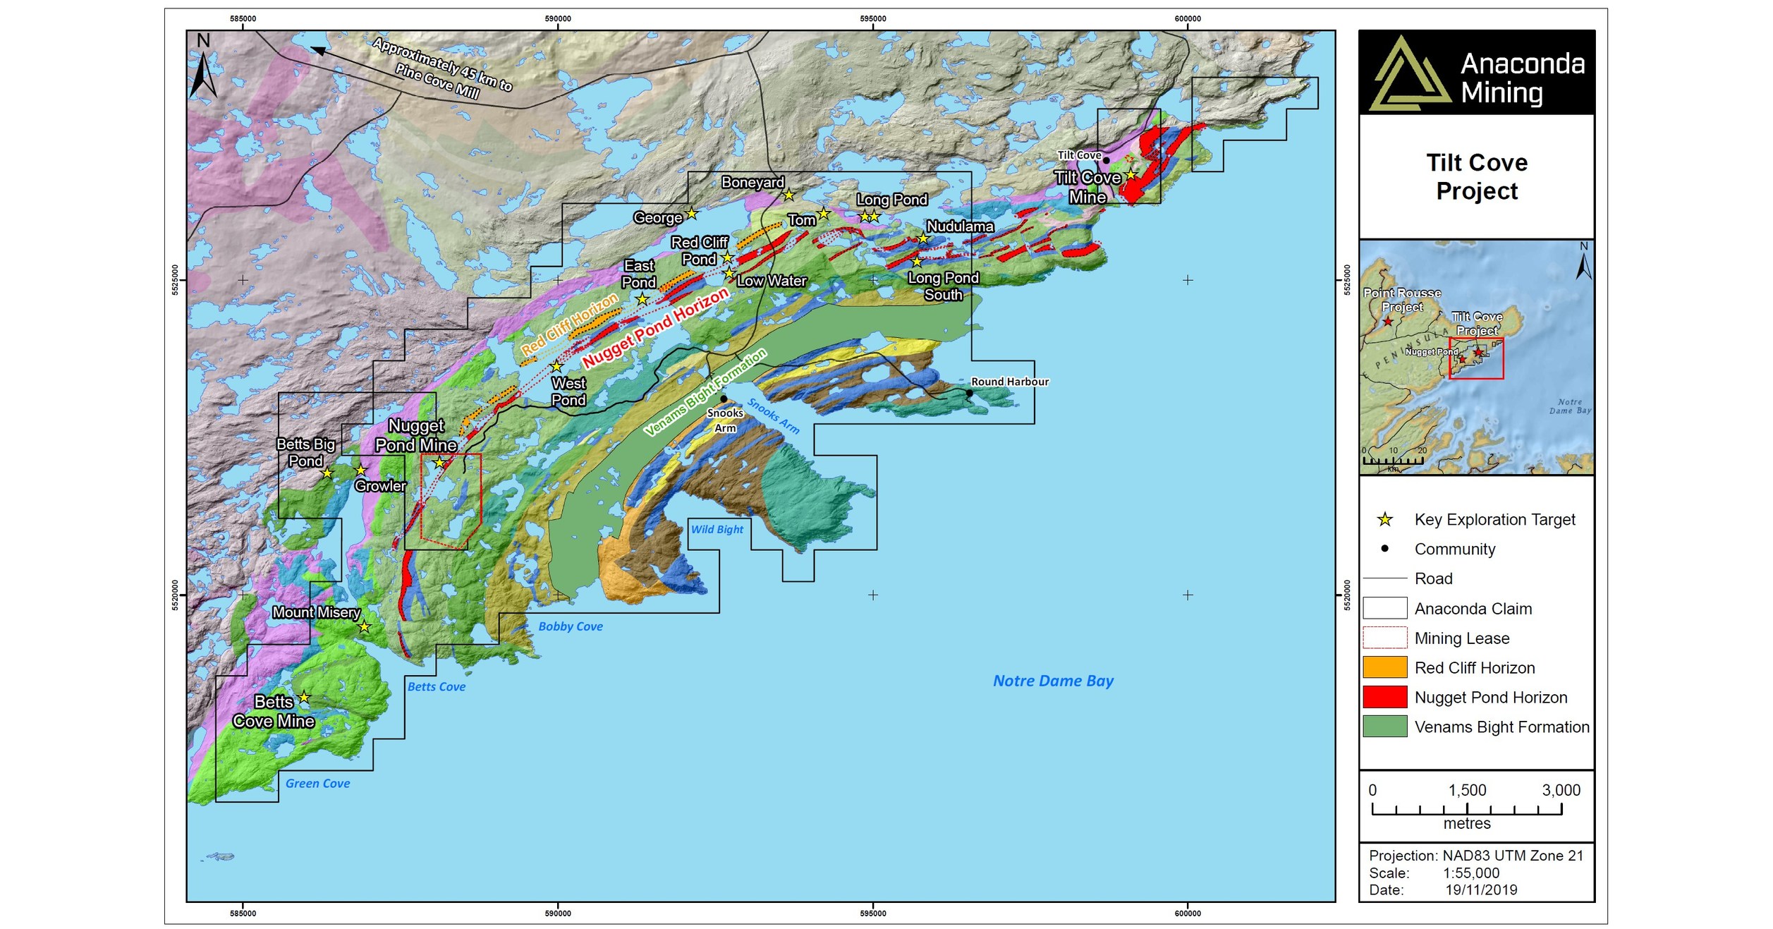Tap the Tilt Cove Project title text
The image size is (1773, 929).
coord(1476,177)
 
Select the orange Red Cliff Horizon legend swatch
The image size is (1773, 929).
coord(1384,667)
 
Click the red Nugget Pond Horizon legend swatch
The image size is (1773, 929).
coord(1384,697)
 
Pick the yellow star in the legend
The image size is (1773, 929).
coord(1384,520)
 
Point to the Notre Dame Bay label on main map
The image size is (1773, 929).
coord(1053,681)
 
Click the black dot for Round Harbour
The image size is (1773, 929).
coord(969,393)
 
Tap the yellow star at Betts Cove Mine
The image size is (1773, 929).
coord(304,698)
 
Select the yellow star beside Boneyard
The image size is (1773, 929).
coord(788,195)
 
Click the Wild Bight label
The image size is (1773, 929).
coord(717,529)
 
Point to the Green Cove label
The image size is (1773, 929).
coord(317,783)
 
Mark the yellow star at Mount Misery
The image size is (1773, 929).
coord(364,626)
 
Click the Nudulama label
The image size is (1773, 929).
coord(959,226)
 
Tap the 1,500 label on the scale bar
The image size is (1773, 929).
coord(1466,790)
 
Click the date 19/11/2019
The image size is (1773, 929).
coord(1481,889)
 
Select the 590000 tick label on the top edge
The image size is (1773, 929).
coord(558,19)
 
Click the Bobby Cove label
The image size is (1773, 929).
coord(570,626)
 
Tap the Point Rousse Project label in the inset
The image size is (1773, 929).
coord(1401,300)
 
